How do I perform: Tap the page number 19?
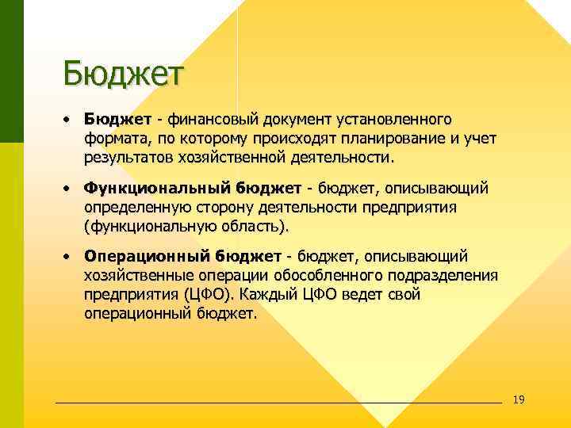pos(519,399)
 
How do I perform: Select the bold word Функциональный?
pos(158,189)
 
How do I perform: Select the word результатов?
pos(128,158)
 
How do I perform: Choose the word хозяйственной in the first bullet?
pos(230,158)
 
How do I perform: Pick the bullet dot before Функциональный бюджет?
pos(69,189)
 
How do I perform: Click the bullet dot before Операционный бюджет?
pos(69,258)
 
